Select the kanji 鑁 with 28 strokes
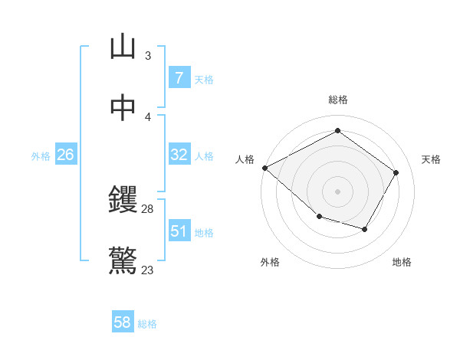coord(123,201)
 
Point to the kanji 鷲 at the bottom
coord(123,261)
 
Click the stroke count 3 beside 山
coord(148,55)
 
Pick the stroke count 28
coord(148,209)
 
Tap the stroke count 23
coord(148,270)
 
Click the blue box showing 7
coord(179,78)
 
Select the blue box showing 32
coord(179,155)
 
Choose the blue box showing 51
coord(179,231)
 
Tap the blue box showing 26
coord(65,155)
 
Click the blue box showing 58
coord(123,322)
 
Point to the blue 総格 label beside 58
coord(147,324)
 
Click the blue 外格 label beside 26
coord(41,156)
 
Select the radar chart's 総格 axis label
coord(337,100)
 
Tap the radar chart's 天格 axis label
coord(431,159)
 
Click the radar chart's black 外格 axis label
coord(270,263)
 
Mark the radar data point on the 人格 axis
coord(264,168)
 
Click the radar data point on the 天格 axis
coord(396,172)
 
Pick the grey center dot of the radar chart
coord(337,191)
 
